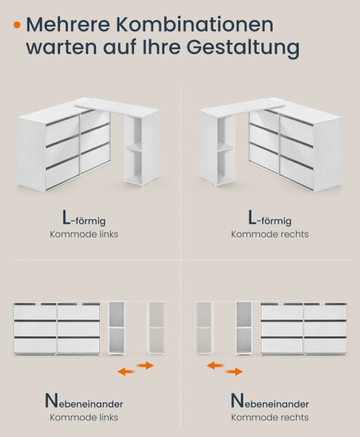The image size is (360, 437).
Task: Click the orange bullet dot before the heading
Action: click(x=17, y=25)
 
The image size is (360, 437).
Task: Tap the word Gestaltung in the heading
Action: click(x=243, y=48)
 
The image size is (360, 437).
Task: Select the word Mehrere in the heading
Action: click(x=69, y=25)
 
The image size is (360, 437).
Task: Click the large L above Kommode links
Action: click(x=66, y=218)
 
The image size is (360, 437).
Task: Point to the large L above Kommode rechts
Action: click(x=252, y=218)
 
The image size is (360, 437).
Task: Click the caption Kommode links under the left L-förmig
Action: click(x=84, y=234)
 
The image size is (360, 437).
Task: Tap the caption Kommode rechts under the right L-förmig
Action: click(x=270, y=234)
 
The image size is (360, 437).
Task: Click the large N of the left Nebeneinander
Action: click(x=51, y=401)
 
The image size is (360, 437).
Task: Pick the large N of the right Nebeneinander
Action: click(x=238, y=401)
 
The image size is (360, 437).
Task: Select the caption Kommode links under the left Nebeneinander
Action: click(x=84, y=417)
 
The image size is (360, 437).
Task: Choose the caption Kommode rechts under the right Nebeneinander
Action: click(x=270, y=417)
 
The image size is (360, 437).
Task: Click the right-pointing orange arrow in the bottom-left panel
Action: click(x=145, y=366)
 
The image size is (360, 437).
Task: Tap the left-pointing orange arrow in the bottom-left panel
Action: click(x=126, y=371)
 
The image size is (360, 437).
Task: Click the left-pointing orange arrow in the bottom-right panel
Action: click(x=215, y=366)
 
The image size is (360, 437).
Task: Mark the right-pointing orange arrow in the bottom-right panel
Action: click(x=234, y=371)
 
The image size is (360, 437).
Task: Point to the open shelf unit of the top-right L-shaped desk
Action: click(x=217, y=151)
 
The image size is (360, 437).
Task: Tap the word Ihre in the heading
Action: click(x=162, y=47)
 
